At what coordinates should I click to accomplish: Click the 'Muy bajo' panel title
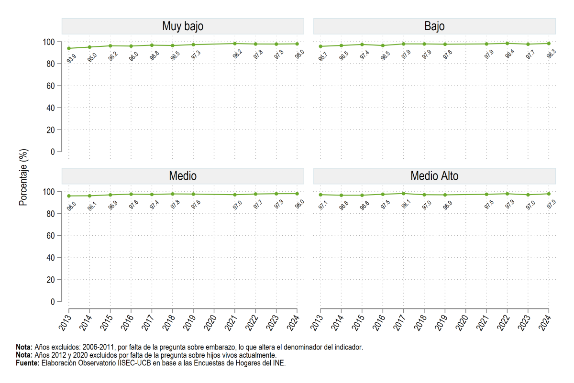pos(183,26)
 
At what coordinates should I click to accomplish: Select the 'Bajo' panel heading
pos(434,26)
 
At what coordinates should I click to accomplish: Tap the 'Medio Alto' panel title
pos(434,176)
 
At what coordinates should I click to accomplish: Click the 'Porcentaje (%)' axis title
pos(23,177)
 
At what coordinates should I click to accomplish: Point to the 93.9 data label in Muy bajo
pos(71,59)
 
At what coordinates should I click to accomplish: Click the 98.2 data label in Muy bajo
pos(238,55)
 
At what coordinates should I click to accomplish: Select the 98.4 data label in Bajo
pos(510,54)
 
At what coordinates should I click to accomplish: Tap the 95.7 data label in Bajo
pos(323,57)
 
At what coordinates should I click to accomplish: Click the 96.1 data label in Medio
pos(92,206)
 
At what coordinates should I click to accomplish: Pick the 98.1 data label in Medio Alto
pos(406,204)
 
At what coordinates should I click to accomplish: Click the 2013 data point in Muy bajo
pos(69,48)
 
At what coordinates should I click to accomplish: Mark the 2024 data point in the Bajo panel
pos(549,44)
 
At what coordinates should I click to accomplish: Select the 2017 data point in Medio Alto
pos(404,194)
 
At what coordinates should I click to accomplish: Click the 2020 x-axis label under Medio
pos(210,323)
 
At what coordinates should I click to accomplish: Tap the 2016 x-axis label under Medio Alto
pos(379,323)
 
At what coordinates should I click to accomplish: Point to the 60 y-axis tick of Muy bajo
pos(51,86)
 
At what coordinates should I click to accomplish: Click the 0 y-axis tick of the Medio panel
pos(53,302)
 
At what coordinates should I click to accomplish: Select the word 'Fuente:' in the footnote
pos(28,363)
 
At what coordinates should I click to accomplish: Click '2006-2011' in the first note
pos(98,347)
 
